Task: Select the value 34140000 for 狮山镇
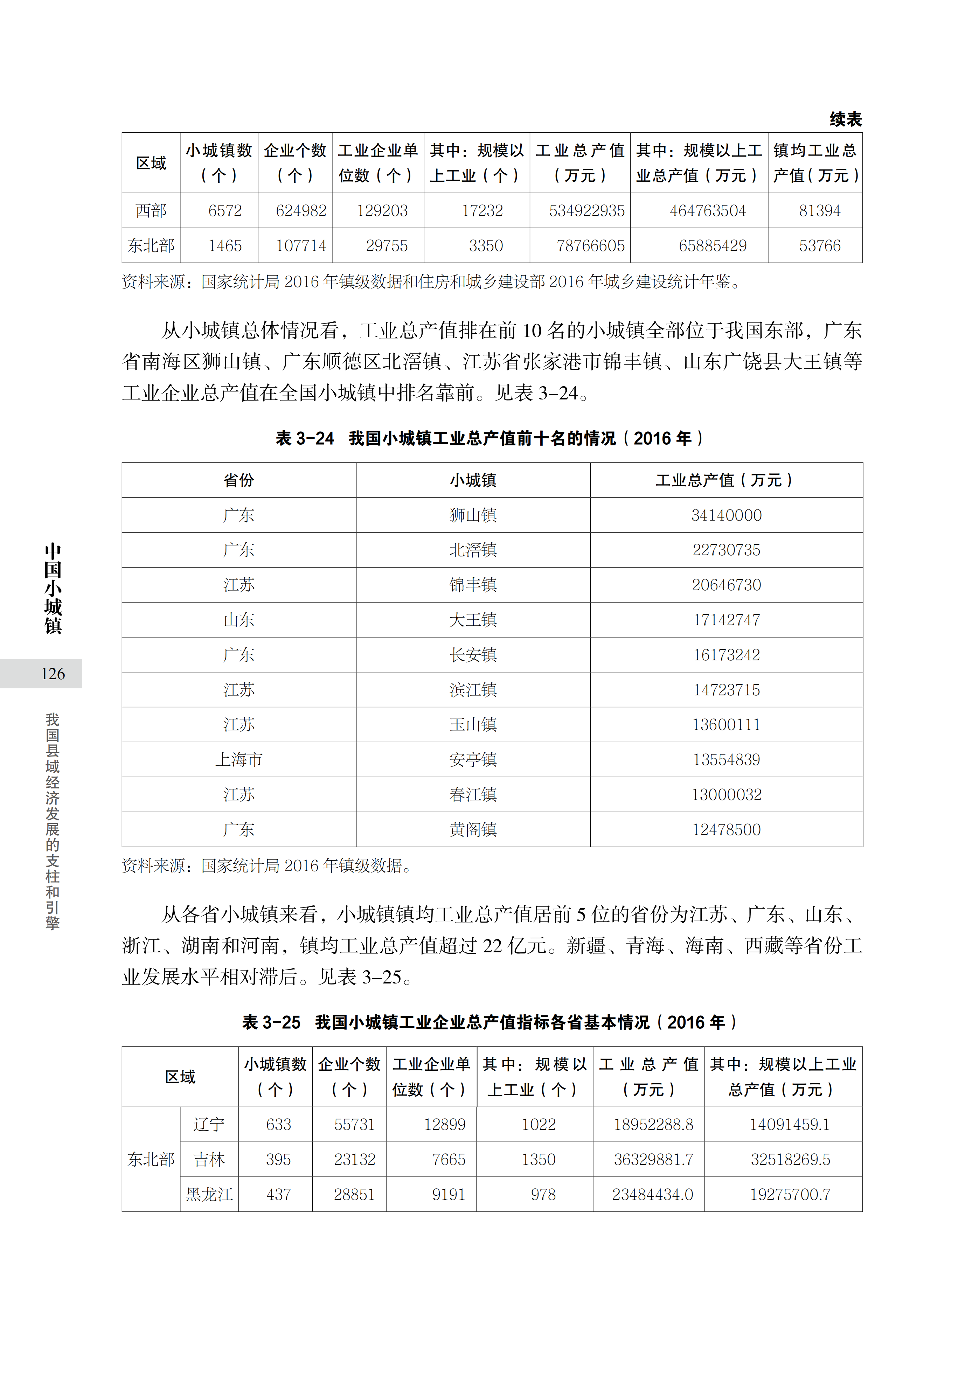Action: pyautogui.click(x=727, y=515)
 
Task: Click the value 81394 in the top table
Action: pyautogui.click(x=819, y=210)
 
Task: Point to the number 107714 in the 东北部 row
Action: pyautogui.click(x=301, y=245)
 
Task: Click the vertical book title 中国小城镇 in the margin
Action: pyautogui.click(x=53, y=588)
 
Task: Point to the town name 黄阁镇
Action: pyautogui.click(x=473, y=829)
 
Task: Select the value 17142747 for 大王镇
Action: pyautogui.click(x=727, y=620)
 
